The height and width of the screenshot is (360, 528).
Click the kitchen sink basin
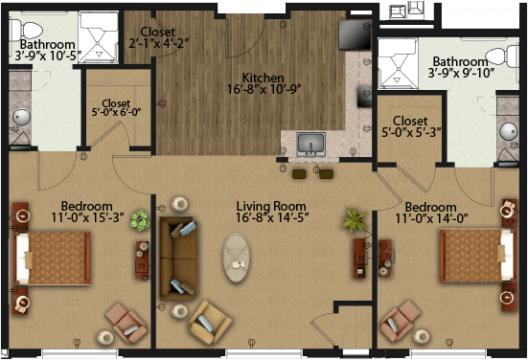pyautogui.click(x=310, y=145)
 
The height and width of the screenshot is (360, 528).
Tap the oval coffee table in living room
pyautogui.click(x=237, y=259)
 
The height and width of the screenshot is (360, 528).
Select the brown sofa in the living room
pyautogui.click(x=178, y=259)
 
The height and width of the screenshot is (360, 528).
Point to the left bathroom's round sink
pyautogui.click(x=21, y=118)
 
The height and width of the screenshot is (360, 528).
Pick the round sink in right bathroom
pyautogui.click(x=508, y=132)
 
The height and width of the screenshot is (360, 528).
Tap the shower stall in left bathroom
pyautogui.click(x=99, y=37)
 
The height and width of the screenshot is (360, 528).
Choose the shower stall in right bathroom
pyautogui.click(x=398, y=64)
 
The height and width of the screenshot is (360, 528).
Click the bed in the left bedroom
pyautogui.click(x=52, y=259)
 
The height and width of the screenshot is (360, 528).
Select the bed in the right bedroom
pyautogui.click(x=478, y=256)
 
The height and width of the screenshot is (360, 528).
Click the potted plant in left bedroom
pyautogui.click(x=141, y=220)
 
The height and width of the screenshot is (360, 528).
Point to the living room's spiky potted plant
pyautogui.click(x=355, y=220)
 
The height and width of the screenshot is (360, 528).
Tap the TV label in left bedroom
pyautogui.click(x=142, y=266)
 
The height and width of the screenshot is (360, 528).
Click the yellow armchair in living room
pyautogui.click(x=210, y=323)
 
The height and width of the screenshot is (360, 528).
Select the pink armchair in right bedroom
pyautogui.click(x=400, y=322)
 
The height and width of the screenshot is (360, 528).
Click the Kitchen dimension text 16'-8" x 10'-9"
pyautogui.click(x=264, y=89)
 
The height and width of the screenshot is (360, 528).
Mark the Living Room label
pyautogui.click(x=271, y=206)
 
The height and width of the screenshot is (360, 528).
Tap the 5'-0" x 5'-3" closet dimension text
pyautogui.click(x=411, y=132)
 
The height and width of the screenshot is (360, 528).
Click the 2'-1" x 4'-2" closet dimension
pyautogui.click(x=158, y=43)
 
